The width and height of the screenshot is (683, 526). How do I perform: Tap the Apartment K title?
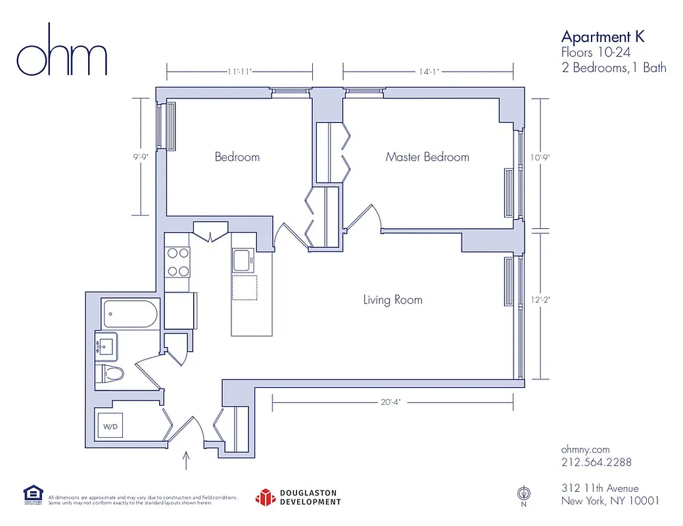[602, 36]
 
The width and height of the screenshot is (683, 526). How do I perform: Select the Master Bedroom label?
[427, 157]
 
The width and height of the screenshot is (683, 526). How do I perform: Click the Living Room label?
[392, 300]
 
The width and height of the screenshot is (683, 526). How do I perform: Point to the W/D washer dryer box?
[110, 427]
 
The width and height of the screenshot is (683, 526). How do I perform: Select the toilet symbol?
[110, 374]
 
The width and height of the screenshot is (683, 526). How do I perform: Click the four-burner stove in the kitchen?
[177, 261]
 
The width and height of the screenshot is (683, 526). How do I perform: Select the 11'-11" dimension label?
[239, 72]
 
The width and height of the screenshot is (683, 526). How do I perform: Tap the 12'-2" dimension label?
[540, 300]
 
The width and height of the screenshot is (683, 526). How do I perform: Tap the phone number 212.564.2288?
[596, 462]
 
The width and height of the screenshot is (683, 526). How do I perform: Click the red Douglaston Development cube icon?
[264, 497]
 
